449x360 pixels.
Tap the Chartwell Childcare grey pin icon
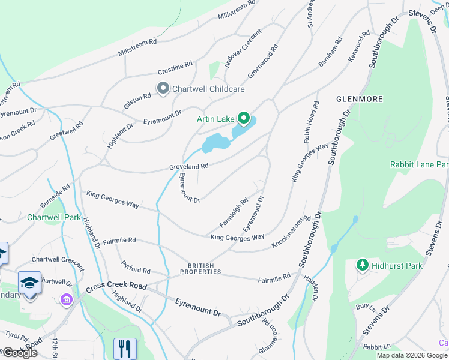click(163, 89)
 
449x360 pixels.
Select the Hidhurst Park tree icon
click(362, 265)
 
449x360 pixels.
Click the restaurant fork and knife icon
click(125, 348)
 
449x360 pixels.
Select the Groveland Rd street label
click(188, 166)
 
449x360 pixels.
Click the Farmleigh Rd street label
click(234, 213)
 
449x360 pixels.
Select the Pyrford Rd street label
click(135, 267)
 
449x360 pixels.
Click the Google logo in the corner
click(19, 353)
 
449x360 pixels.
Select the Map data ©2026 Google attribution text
click(412, 355)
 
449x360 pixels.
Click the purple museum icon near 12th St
click(66, 299)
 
